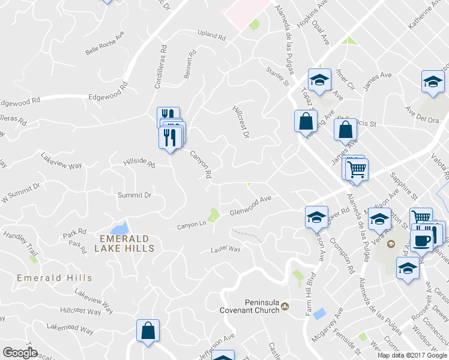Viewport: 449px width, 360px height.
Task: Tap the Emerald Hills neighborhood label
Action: coord(55,278)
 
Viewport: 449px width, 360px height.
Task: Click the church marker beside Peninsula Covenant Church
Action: coord(285,307)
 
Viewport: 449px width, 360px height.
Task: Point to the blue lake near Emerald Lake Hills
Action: coord(119,229)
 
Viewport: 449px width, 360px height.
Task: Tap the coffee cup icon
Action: coord(422,241)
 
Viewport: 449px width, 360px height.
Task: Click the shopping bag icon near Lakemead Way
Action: coord(148,331)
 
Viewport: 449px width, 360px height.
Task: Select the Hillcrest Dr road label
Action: coord(241,122)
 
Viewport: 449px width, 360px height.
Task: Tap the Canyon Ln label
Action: coord(191,226)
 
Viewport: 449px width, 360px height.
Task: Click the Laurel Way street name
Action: coord(225,250)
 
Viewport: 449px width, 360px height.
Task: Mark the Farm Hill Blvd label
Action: coord(310,296)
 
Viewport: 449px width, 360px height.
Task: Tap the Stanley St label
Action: coord(278,79)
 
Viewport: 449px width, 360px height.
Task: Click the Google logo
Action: coord(20,353)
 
